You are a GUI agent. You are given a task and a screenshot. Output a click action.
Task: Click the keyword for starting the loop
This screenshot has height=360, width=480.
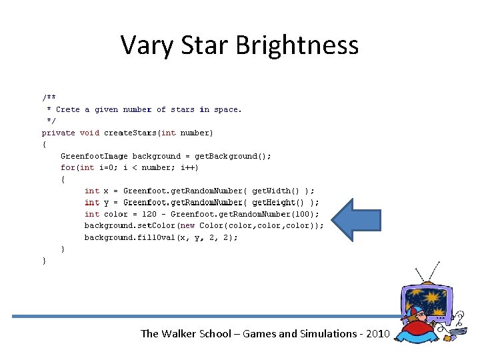click(67, 167)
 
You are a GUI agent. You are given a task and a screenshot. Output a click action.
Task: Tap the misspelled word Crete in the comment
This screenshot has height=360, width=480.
click(67, 109)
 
